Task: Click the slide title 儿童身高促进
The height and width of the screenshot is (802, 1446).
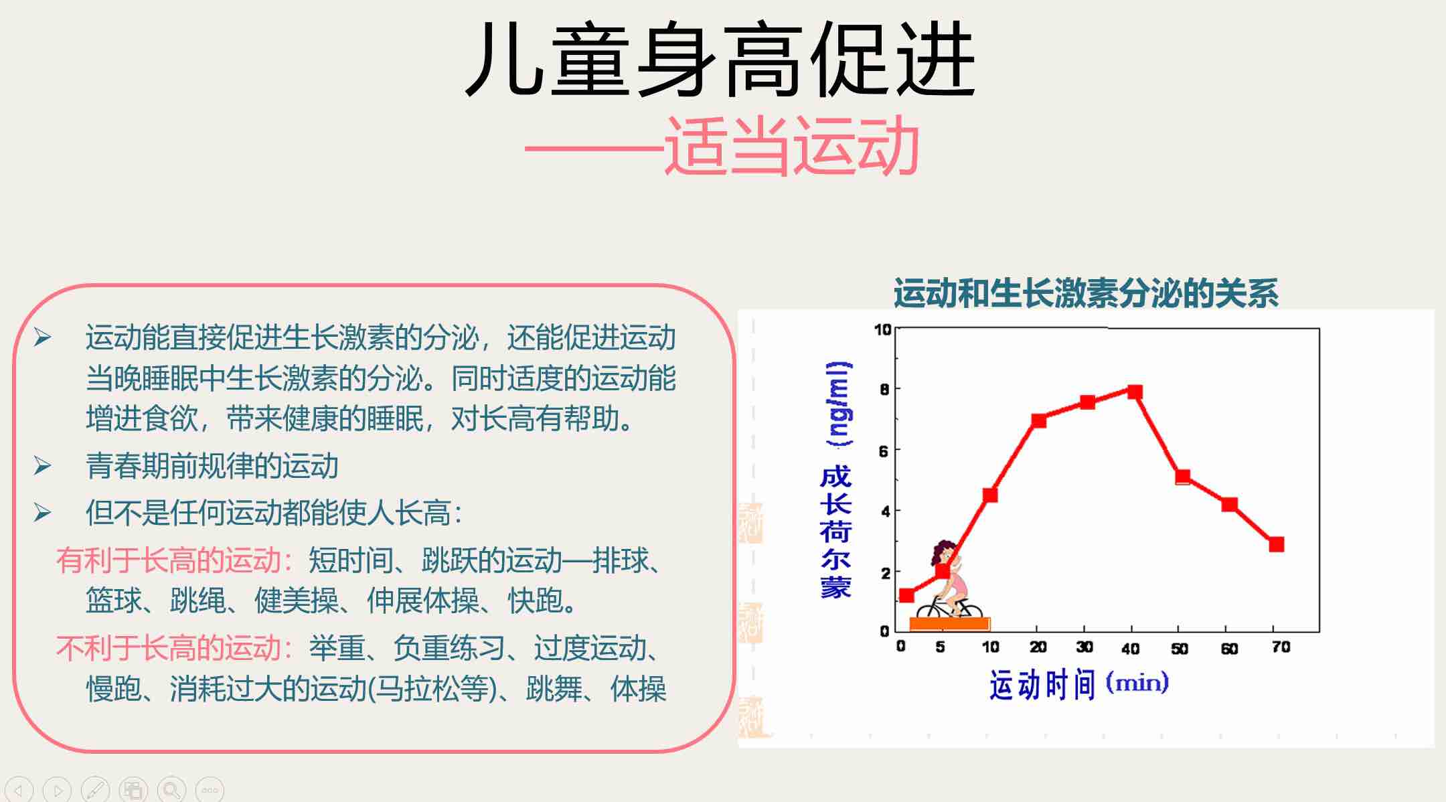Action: click(x=720, y=59)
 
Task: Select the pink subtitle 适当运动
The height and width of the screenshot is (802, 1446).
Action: click(x=791, y=146)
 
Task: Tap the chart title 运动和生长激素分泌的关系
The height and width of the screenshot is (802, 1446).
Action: click(x=1086, y=293)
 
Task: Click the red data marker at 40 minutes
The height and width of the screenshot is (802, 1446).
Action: click(x=1135, y=392)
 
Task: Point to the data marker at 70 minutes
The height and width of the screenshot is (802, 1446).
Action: click(x=1277, y=544)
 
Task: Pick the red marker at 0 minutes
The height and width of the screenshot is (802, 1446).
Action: click(x=906, y=595)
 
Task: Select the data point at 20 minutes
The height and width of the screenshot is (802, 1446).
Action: click(x=1039, y=420)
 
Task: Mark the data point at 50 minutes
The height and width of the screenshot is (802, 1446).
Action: click(x=1183, y=477)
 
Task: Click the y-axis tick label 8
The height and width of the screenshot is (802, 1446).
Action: click(x=884, y=389)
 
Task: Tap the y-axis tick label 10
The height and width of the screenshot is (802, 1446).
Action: click(x=882, y=329)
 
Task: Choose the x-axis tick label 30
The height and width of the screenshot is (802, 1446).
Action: click(x=1084, y=647)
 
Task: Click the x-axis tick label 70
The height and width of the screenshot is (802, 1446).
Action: click(x=1281, y=647)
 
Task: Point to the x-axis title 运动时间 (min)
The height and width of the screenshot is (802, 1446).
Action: click(x=1079, y=684)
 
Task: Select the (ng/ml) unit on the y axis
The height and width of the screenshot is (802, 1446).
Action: click(x=839, y=404)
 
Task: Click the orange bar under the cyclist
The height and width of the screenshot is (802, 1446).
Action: click(x=949, y=624)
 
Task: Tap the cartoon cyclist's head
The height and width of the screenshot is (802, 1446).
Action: click(x=945, y=554)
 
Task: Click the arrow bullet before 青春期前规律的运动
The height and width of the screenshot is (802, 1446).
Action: click(x=42, y=465)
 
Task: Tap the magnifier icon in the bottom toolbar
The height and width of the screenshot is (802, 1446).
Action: click(x=171, y=790)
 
